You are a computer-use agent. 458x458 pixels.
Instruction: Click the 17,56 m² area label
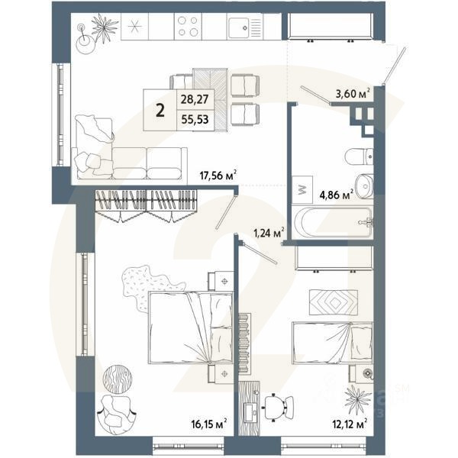tap(216, 175)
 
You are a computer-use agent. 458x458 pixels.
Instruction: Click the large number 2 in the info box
tap(160, 110)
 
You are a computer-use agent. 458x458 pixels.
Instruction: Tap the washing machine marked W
tap(301, 189)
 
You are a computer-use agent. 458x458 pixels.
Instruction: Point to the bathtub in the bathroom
tap(333, 222)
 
